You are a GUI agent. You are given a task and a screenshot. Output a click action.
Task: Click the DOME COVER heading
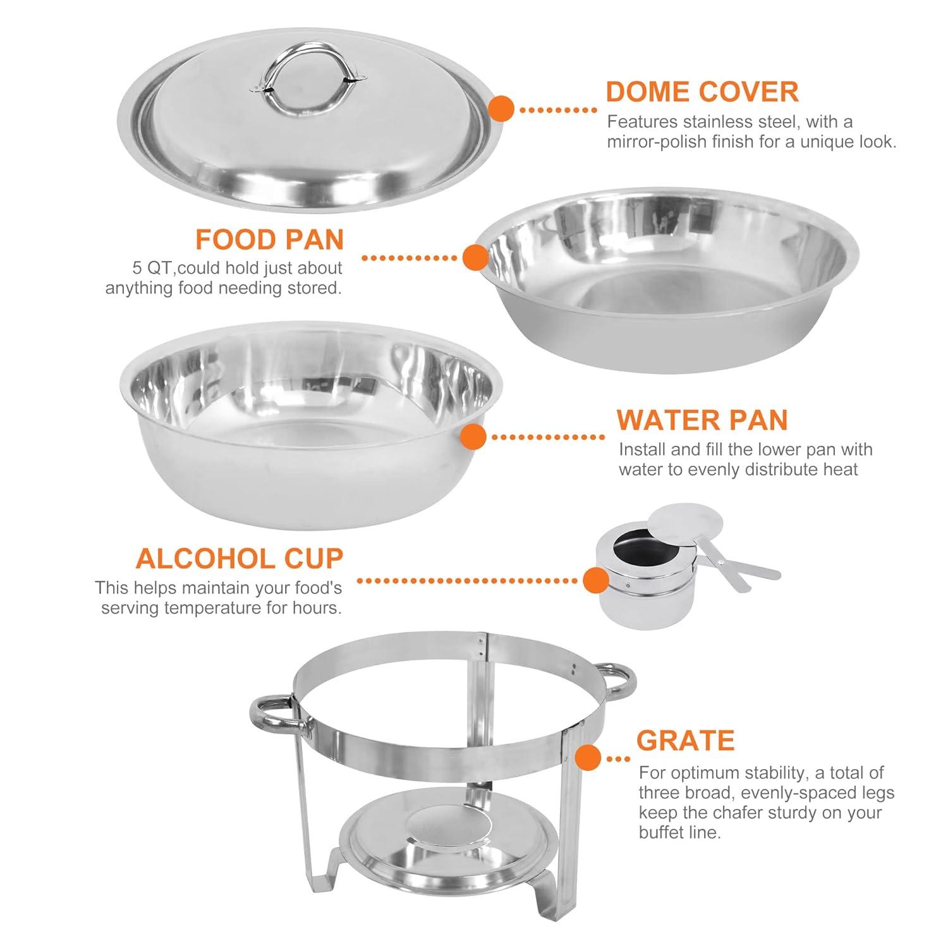coord(702,92)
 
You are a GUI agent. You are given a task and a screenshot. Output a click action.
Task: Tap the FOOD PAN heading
coord(269,240)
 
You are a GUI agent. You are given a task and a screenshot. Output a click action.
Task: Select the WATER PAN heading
coord(702,420)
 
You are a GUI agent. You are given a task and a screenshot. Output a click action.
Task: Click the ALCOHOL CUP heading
coord(239,559)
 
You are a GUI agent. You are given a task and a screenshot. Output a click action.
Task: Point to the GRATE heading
coord(685,740)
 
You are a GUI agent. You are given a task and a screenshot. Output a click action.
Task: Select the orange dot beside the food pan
coord(475,258)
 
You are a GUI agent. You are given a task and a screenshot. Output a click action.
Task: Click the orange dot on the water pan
coord(473,437)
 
